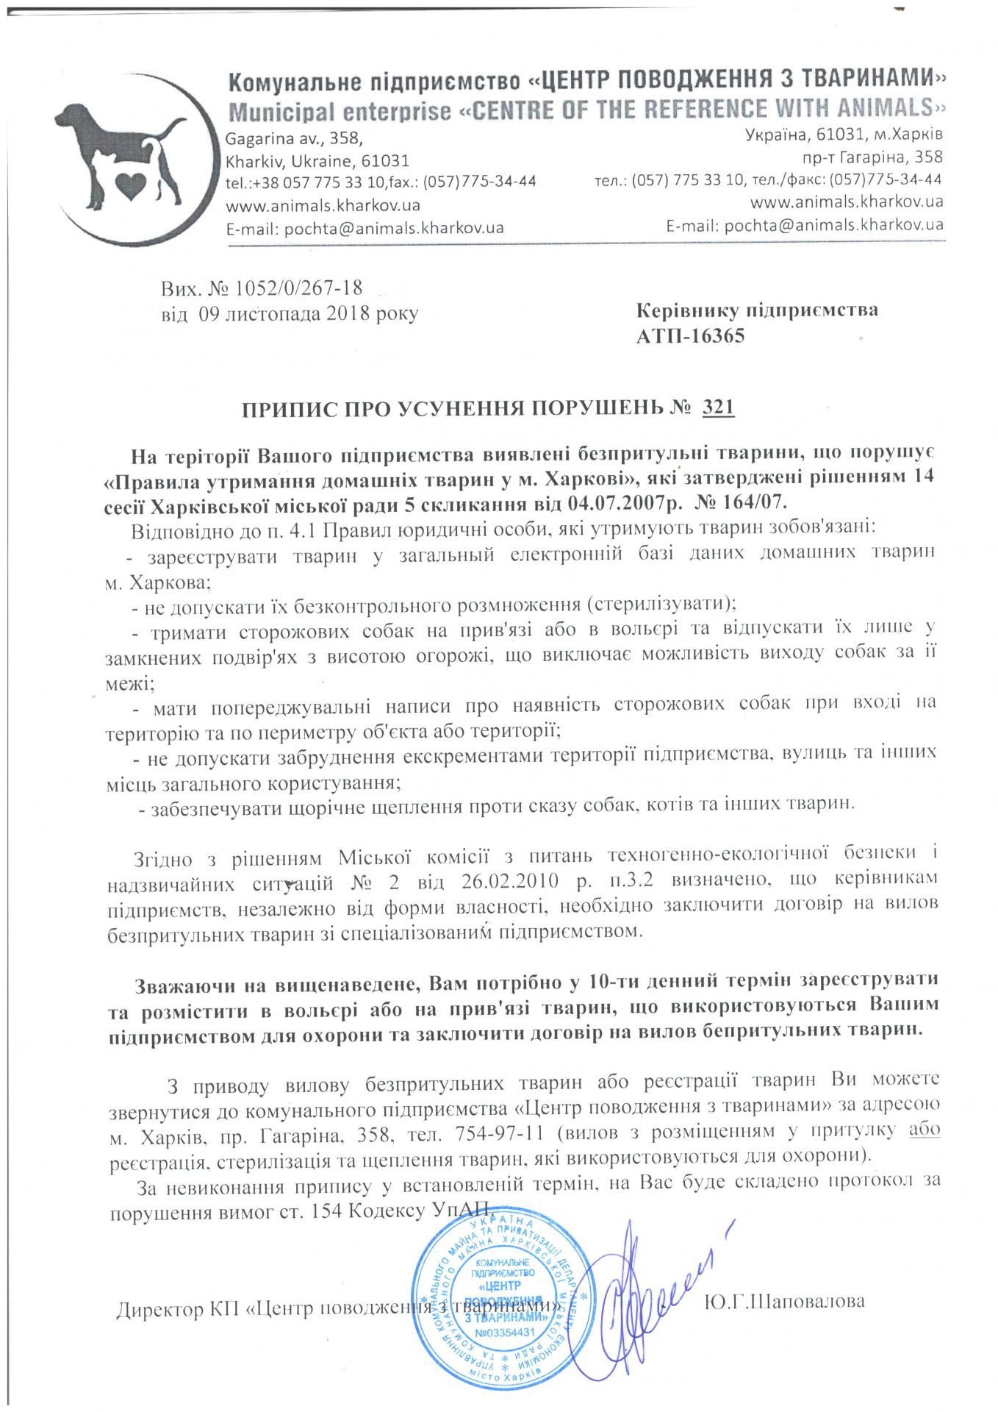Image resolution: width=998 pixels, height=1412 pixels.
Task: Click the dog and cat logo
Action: [x=125, y=161]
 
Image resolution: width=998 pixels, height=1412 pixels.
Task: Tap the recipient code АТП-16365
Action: [x=690, y=336]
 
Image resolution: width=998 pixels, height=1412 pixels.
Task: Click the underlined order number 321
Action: [x=718, y=407]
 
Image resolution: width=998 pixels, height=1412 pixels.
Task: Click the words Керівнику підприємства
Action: [x=756, y=310]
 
